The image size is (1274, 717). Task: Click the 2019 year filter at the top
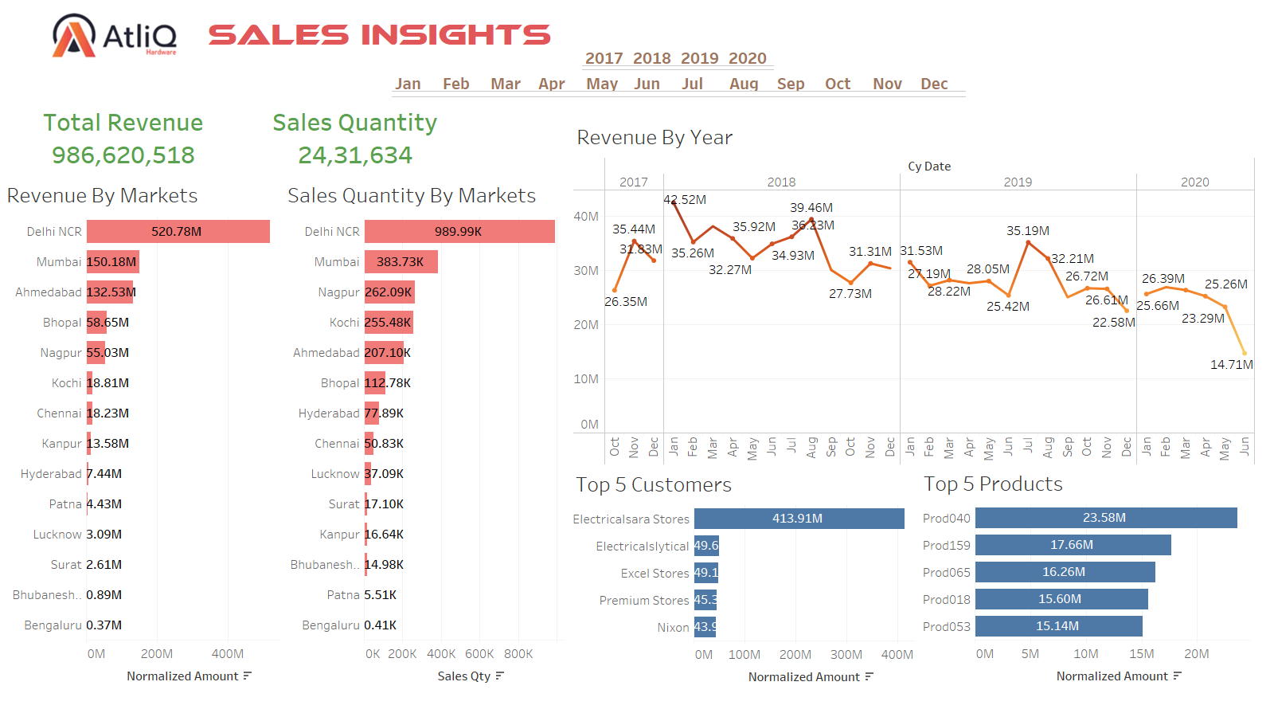coord(699,58)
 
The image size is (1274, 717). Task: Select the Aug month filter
coord(744,84)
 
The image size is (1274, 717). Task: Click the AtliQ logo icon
coord(74,36)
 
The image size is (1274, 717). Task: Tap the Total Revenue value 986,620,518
coord(123,155)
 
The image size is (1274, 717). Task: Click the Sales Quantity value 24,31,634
coord(355,155)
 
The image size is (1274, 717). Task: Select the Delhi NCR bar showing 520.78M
coord(178,232)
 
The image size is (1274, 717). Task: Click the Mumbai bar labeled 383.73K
coord(401,262)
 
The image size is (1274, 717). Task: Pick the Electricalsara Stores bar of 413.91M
coord(799,519)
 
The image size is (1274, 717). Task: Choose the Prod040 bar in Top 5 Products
coord(1105,518)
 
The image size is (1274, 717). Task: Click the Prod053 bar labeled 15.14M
coord(1058,626)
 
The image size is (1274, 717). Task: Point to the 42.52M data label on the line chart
coord(685,200)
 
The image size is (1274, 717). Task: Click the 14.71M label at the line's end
coord(1231,365)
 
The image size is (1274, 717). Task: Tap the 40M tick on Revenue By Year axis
coord(586,217)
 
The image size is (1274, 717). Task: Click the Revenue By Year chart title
coord(654,138)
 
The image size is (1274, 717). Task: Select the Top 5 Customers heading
coord(653,484)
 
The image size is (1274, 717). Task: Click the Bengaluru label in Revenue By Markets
coord(53,625)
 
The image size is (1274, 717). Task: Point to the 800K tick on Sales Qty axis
coord(518,654)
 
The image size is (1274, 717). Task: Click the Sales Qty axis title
coord(464,676)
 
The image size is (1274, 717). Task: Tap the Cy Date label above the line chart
coord(929,167)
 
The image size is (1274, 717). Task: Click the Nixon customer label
coord(673,628)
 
